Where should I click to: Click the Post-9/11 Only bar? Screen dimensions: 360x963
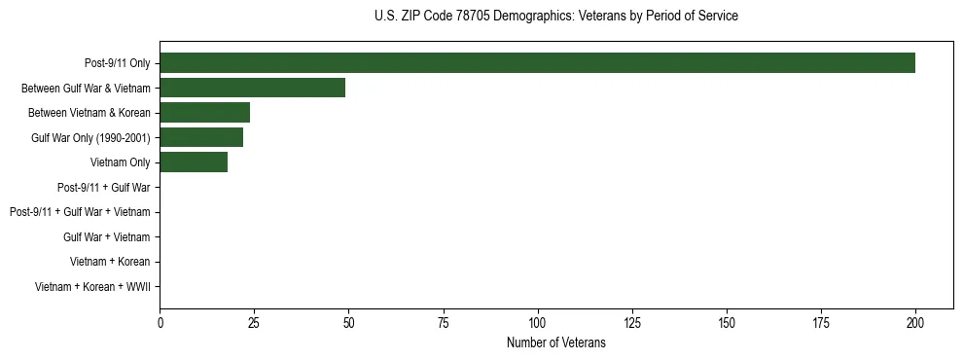537,63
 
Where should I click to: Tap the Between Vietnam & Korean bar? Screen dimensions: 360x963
204,113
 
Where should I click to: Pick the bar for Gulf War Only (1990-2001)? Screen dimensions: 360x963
201,137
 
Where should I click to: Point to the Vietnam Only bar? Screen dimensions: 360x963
194,162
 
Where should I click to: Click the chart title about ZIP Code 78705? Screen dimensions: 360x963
555,17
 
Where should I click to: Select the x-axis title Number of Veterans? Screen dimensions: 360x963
555,342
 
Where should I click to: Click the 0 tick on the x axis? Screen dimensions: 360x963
160,322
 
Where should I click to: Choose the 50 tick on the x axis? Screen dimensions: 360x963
348,322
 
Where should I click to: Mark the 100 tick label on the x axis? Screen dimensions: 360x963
537,322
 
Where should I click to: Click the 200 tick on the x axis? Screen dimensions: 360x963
915,322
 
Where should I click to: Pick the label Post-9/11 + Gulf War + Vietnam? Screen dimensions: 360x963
80,212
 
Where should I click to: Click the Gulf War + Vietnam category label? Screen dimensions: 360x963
107,236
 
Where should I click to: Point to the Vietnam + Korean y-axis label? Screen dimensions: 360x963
110,262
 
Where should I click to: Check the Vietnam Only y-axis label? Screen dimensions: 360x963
121,162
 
